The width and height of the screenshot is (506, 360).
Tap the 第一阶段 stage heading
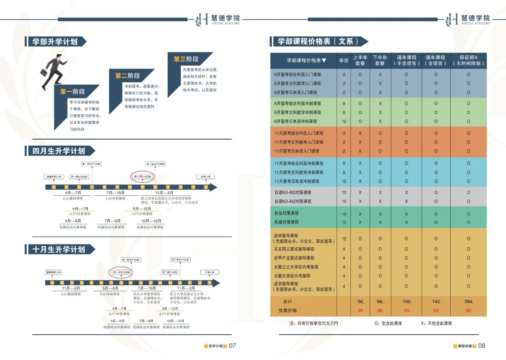72,92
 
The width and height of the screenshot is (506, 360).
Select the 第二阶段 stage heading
127,76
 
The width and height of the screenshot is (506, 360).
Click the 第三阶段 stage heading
186,59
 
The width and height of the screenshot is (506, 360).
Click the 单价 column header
344,61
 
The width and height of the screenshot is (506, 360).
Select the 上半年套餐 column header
360,61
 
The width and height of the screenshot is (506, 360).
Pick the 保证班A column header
468,61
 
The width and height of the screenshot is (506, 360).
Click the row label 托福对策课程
287,222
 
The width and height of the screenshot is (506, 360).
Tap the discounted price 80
468,311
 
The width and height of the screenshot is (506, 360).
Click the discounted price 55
406,311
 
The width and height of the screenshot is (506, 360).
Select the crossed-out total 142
436,301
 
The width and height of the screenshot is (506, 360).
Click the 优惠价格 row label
287,311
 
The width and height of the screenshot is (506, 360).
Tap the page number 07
232,345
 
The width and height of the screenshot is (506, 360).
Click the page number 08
481,345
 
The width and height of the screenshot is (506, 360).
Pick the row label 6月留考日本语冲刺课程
296,121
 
